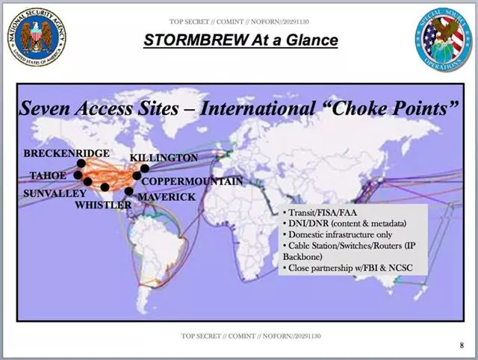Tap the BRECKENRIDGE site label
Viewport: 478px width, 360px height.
[66, 153]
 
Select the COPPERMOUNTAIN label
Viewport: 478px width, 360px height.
[192, 181]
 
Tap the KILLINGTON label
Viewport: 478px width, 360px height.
[164, 158]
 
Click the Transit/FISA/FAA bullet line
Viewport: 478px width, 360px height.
[316, 211]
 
